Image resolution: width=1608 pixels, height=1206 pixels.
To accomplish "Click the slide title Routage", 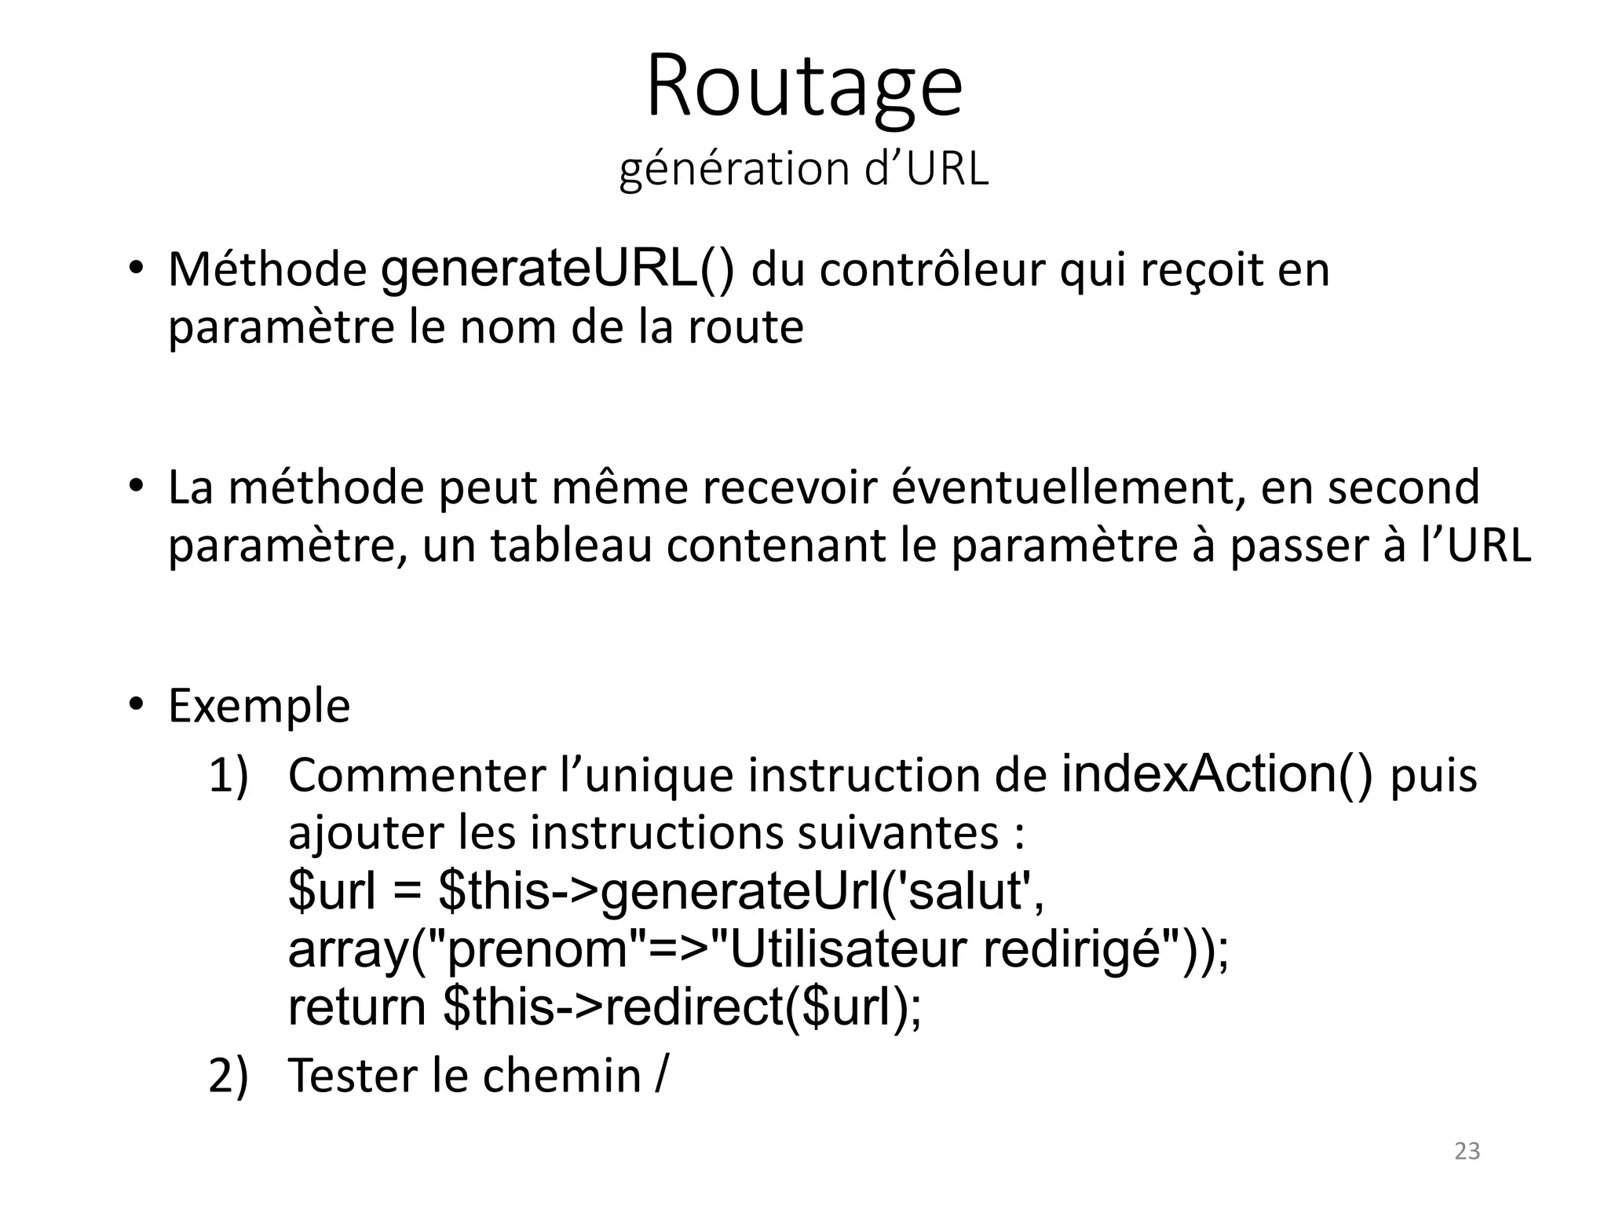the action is [804, 86].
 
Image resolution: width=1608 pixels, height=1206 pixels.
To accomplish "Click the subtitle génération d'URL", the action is [804, 169].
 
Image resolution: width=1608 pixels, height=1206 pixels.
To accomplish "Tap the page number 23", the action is [1467, 1151].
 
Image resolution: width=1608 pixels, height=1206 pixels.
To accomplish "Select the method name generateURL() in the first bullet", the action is [557, 270].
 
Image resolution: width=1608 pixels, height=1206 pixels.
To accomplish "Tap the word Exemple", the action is [259, 707].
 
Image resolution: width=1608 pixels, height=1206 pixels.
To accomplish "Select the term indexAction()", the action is [1217, 775].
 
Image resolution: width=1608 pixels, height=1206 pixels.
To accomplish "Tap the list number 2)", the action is [228, 1076].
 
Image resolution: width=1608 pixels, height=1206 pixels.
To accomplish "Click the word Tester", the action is [354, 1076].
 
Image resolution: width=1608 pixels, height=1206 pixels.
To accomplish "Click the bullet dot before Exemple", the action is [135, 703].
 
